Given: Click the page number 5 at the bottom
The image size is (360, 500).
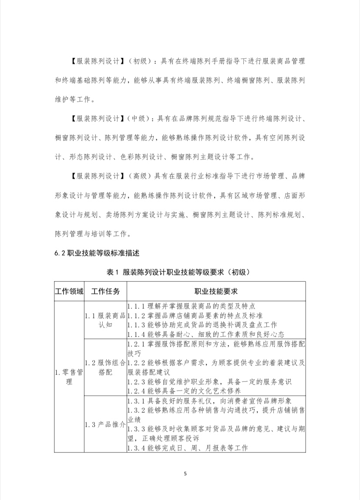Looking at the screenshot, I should click(185, 473).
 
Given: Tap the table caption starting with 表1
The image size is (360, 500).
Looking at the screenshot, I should click(180, 272).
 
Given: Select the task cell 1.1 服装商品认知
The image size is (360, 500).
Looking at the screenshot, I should click(105, 320).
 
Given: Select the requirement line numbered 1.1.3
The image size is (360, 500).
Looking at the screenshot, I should click(202, 325).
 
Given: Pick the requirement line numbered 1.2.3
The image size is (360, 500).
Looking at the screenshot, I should click(209, 381).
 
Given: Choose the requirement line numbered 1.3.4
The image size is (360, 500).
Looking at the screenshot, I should click(188, 448).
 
